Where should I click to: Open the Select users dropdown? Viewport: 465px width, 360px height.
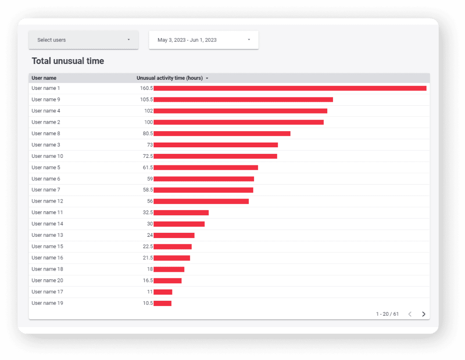click(83, 40)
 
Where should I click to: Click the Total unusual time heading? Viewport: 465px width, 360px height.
click(68, 61)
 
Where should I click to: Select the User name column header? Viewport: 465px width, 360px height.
click(44, 78)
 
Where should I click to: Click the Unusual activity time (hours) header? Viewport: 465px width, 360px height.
click(170, 78)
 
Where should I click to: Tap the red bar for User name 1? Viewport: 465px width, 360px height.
click(290, 88)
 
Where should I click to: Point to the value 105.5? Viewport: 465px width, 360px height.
click(146, 100)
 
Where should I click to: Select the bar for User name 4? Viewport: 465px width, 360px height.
click(240, 111)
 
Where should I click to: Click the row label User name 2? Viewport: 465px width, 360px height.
click(46, 122)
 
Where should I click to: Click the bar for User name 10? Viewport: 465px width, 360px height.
click(215, 156)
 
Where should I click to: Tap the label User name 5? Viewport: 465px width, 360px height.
click(46, 168)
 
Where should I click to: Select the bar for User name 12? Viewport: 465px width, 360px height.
click(201, 201)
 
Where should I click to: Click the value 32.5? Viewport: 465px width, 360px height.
click(147, 213)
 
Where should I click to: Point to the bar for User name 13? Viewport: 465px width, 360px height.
click(174, 235)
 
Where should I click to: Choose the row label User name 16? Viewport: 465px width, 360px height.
click(47, 258)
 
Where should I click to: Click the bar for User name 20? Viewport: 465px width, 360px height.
click(167, 281)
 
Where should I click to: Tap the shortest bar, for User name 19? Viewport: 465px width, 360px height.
click(162, 303)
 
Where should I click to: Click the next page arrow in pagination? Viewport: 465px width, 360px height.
click(423, 314)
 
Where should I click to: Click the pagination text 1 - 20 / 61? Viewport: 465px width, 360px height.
click(387, 314)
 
